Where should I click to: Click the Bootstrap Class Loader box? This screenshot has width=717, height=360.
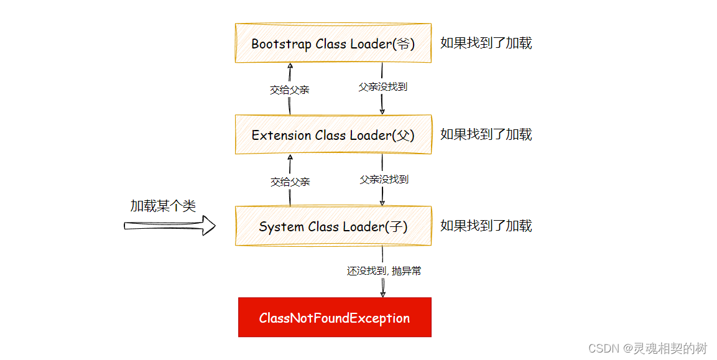point(333,43)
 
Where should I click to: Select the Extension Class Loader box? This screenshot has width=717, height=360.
point(333,134)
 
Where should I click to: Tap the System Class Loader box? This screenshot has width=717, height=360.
point(333,226)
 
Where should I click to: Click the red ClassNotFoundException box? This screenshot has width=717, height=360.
point(334,318)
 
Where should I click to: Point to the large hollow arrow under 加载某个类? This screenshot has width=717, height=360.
point(170,226)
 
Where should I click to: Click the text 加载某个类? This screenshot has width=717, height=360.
point(163,206)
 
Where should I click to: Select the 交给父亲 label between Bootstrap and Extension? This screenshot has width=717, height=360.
point(289,90)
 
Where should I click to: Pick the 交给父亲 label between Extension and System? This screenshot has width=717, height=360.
point(290,182)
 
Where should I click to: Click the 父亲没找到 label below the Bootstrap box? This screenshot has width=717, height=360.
point(382,87)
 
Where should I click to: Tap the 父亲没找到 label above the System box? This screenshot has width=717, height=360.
point(384,179)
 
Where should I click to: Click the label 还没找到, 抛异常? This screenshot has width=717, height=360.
point(384,271)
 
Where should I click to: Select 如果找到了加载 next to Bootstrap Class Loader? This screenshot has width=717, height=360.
point(486,43)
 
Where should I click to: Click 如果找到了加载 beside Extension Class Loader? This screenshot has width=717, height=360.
point(486,134)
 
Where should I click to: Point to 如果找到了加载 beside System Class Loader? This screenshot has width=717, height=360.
point(486,226)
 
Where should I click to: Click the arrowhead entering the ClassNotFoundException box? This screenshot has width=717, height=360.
point(382,293)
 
